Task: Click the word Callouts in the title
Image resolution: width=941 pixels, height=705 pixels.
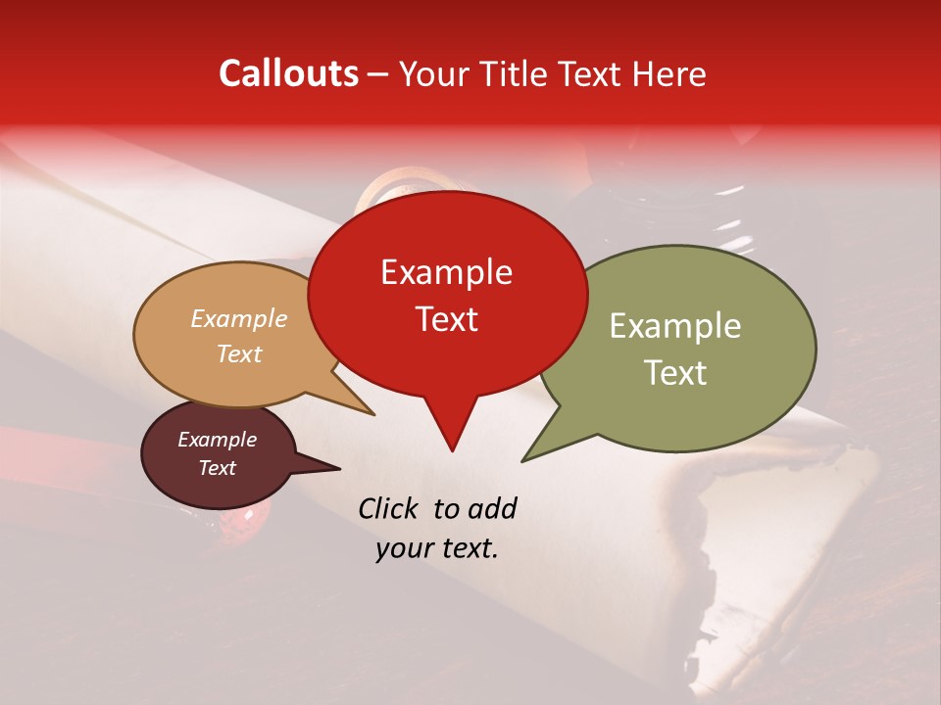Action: pyautogui.click(x=288, y=73)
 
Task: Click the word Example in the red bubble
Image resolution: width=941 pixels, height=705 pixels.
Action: pyautogui.click(x=446, y=272)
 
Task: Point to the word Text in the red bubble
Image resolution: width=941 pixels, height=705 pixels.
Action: pyautogui.click(x=446, y=319)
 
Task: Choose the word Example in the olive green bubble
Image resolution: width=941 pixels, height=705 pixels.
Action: pyautogui.click(x=675, y=326)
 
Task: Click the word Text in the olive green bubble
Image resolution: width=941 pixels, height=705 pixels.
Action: pyautogui.click(x=675, y=373)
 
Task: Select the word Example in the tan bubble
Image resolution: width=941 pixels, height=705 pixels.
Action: pyautogui.click(x=239, y=319)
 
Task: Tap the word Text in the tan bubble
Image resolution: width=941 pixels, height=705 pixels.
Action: pyautogui.click(x=239, y=353)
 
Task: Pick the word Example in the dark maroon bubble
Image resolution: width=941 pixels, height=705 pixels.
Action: pyautogui.click(x=217, y=440)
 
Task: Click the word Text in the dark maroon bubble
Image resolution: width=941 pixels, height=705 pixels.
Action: pyautogui.click(x=217, y=468)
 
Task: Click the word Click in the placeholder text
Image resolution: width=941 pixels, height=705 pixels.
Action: pyautogui.click(x=389, y=508)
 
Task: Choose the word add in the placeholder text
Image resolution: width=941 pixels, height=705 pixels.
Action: pyautogui.click(x=492, y=508)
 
